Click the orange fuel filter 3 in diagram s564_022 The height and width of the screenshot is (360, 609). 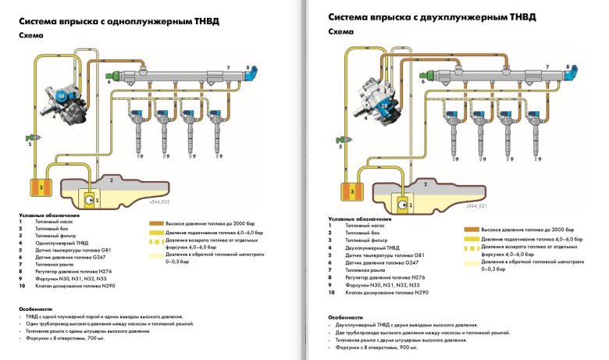tap(35, 188)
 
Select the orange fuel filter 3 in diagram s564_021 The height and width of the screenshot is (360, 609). tap(351, 190)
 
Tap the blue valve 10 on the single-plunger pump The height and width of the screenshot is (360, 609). tap(62, 94)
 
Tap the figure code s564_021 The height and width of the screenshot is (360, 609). tap(476, 205)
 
